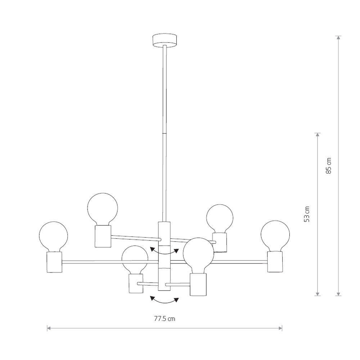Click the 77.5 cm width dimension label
[165, 319]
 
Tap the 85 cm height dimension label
[329, 166]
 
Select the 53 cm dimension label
[307, 214]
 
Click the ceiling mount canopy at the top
[165, 41]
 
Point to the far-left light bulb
[54, 237]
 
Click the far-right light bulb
[275, 236]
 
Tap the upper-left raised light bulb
[103, 209]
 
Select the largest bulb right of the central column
[198, 255]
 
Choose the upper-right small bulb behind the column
[220, 219]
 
